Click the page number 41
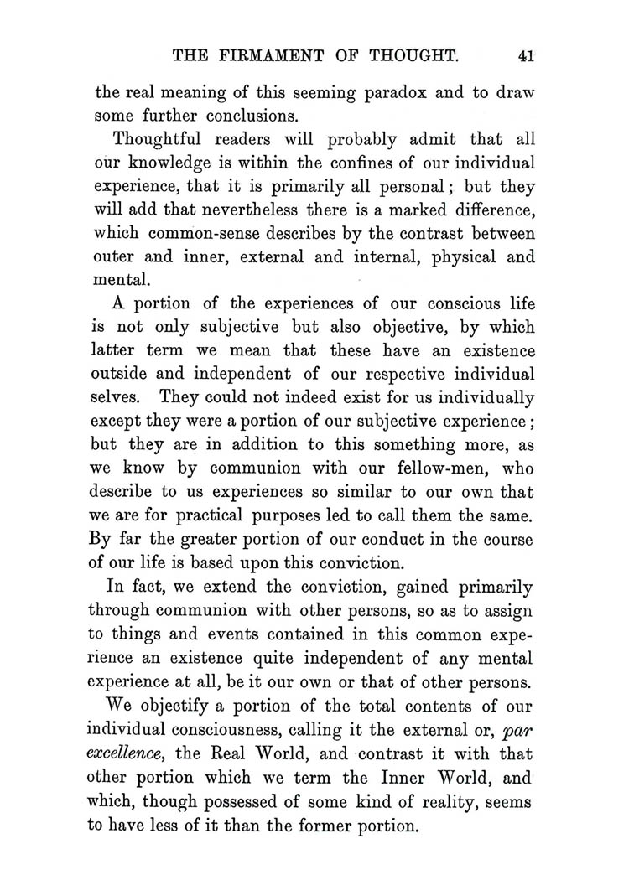tap(526, 57)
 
